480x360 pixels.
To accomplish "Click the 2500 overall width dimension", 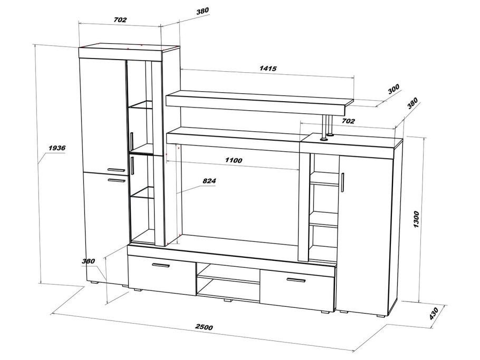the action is coord(204,327).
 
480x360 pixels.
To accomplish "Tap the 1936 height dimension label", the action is coord(57,148).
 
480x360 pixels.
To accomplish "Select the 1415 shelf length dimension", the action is coord(268,68).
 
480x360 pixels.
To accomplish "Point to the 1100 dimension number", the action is coord(234,160).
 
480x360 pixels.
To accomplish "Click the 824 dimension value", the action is coord(209,181).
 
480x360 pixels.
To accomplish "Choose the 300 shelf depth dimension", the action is coord(393,89).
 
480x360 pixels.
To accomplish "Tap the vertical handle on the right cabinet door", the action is coord(342,182).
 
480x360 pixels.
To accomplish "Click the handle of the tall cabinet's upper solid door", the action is coord(117,170).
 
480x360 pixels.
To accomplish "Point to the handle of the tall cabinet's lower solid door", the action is coord(117,180).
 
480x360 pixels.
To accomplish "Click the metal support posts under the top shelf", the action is coord(327,127).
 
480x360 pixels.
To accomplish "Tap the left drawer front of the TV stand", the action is coord(162,275).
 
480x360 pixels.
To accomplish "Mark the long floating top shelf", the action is coord(260,102).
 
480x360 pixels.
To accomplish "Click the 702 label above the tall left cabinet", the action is coord(120,20).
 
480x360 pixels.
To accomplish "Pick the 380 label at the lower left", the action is coord(88,261).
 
